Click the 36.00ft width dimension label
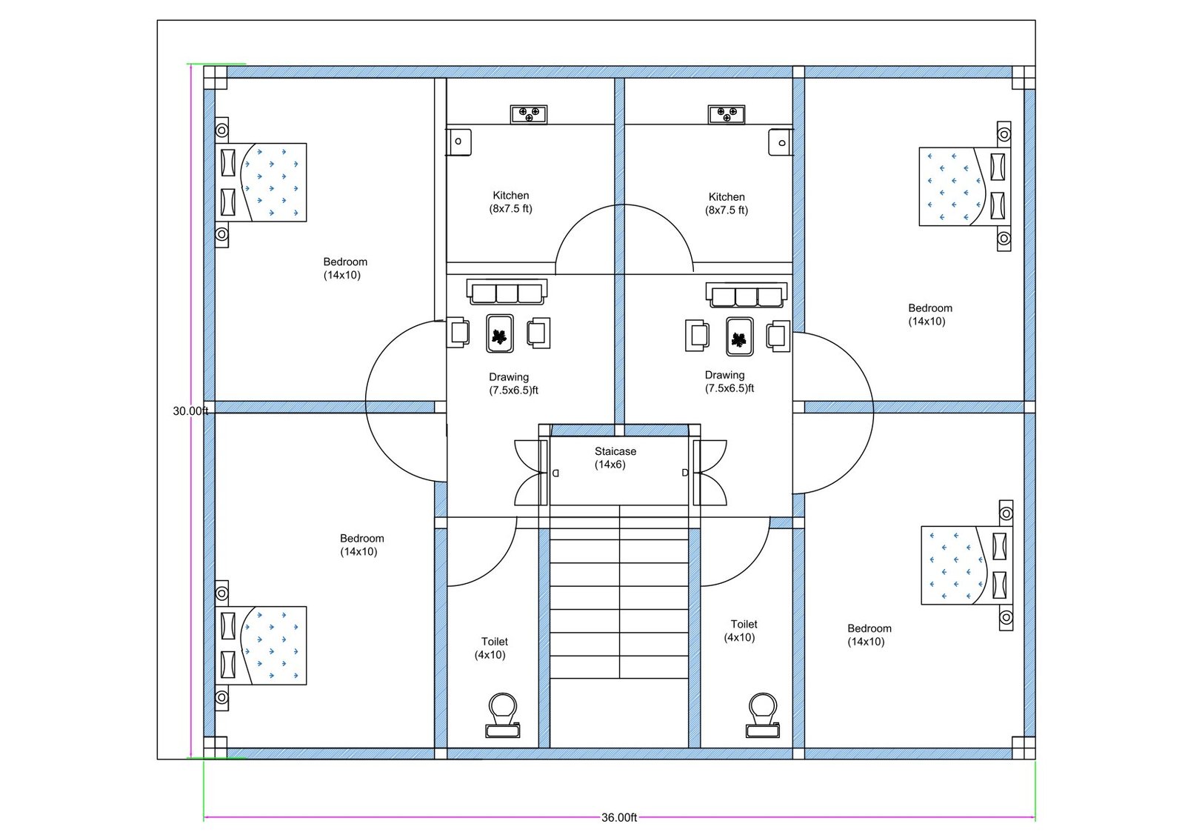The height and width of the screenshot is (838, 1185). coord(619,817)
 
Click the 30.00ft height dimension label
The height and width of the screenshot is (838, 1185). coord(190,410)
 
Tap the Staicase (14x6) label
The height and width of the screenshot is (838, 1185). coord(614,458)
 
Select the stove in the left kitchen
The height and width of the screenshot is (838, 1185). coord(529,114)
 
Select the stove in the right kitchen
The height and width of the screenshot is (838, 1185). coord(727,114)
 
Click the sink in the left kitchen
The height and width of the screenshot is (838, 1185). coord(458,141)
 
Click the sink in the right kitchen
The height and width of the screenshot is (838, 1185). coord(781,142)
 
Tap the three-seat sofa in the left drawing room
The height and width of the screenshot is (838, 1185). coord(507,292)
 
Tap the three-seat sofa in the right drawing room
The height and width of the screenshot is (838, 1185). coord(747,295)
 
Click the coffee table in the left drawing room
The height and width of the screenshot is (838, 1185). coord(500,334)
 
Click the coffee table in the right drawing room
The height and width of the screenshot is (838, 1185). coord(739,337)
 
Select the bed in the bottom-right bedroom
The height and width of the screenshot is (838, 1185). coord(963,565)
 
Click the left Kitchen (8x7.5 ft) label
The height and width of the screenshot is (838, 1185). coord(511,202)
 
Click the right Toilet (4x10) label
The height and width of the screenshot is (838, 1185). coord(742,631)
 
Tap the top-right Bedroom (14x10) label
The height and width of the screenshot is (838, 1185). coord(929,314)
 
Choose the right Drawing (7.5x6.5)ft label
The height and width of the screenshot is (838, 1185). coord(728,382)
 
